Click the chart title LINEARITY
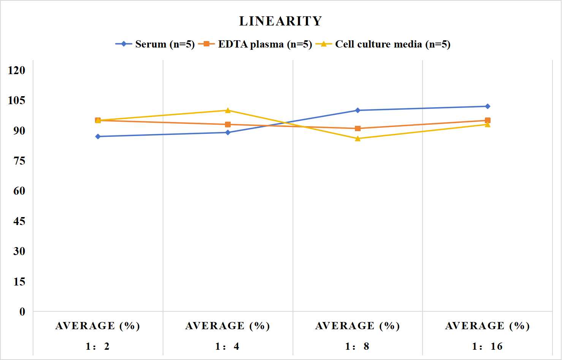pos(280,21)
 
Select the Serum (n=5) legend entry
pos(155,44)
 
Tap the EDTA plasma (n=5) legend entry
pos(255,44)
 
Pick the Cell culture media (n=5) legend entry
pos(383,44)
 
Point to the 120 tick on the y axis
pos(17,70)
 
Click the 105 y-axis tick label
pos(17,100)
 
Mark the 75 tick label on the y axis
pos(19,161)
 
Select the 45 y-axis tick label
pos(19,221)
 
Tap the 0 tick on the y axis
pos(22,312)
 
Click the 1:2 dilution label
pos(98,346)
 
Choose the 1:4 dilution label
pos(227,346)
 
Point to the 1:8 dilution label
pos(357,346)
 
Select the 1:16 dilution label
pos(487,346)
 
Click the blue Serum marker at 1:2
pos(98,136)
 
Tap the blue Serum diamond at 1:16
pos(488,106)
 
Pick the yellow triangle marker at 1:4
pos(228,110)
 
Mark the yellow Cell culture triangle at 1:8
pos(358,138)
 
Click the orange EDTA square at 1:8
pos(358,128)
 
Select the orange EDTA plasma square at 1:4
pos(228,125)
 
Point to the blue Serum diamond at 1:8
pos(358,110)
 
